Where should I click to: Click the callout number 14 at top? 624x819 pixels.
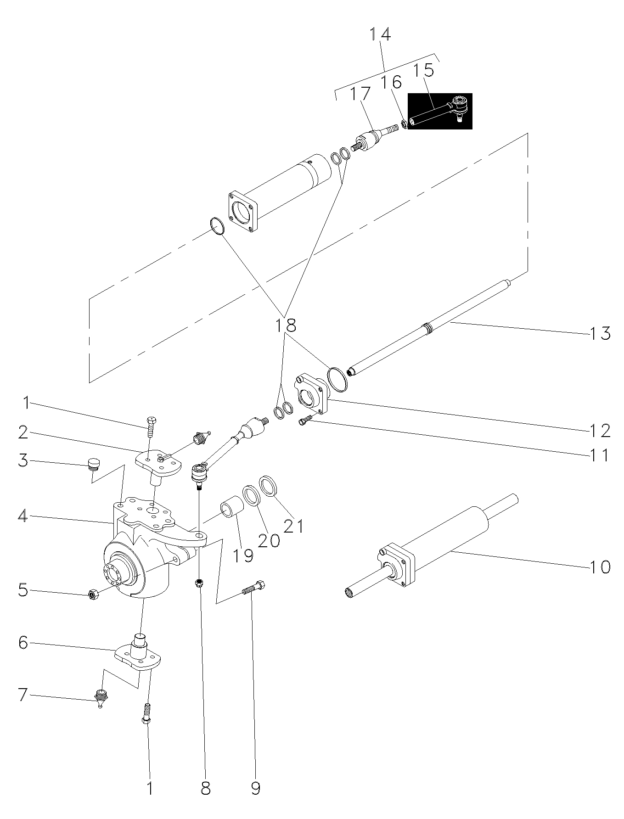[x=380, y=34]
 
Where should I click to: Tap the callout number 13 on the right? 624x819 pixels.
[x=600, y=333]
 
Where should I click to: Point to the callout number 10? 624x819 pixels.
[x=600, y=567]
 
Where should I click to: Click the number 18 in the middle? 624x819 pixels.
[x=286, y=325]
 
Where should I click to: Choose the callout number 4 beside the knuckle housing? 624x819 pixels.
[x=23, y=516]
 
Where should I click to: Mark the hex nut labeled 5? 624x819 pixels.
[x=92, y=595]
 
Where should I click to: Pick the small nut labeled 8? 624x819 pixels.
[x=199, y=583]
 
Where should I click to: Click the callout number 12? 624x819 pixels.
[x=600, y=430]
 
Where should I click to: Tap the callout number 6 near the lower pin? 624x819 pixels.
[x=23, y=643]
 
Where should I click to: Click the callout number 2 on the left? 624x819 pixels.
[x=23, y=432]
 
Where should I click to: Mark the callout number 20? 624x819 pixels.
[x=269, y=540]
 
